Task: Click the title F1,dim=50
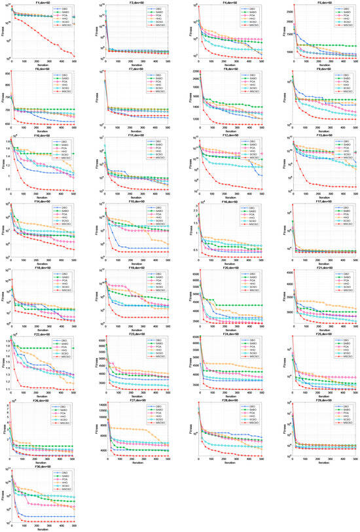pos(42,3)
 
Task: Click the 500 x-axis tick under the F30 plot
pos(74,525)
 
